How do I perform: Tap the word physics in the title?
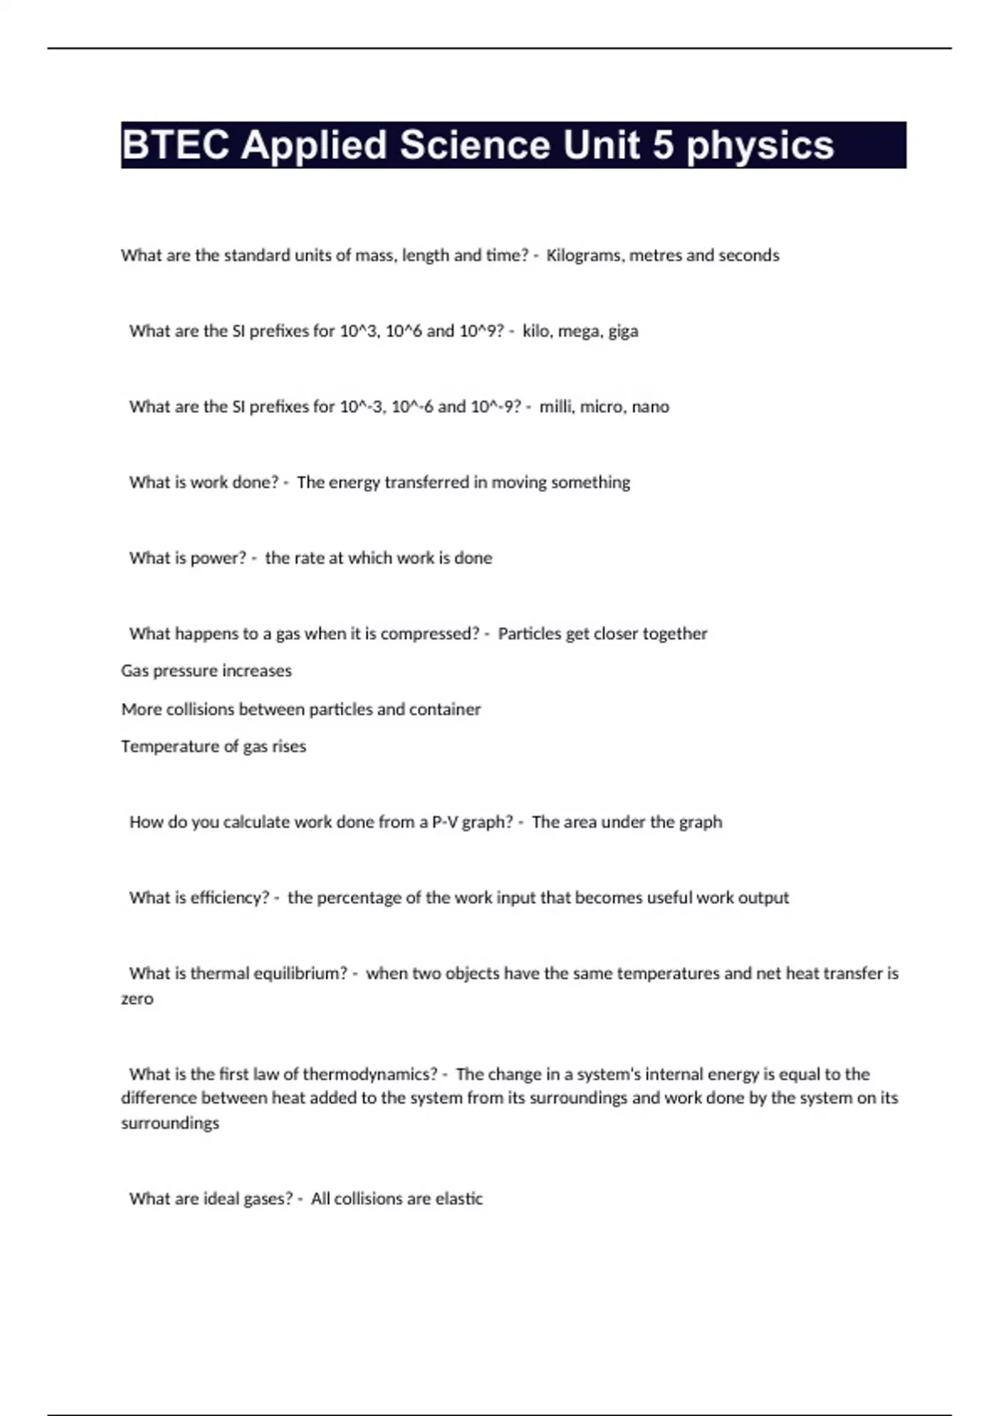click(x=760, y=145)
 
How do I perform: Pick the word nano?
click(x=650, y=406)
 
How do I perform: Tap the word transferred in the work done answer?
click(x=427, y=482)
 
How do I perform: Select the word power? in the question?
click(x=218, y=558)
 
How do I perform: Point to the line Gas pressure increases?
click(x=206, y=671)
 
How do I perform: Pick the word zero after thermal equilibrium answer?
click(x=137, y=999)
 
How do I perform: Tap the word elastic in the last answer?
click(x=459, y=1199)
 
